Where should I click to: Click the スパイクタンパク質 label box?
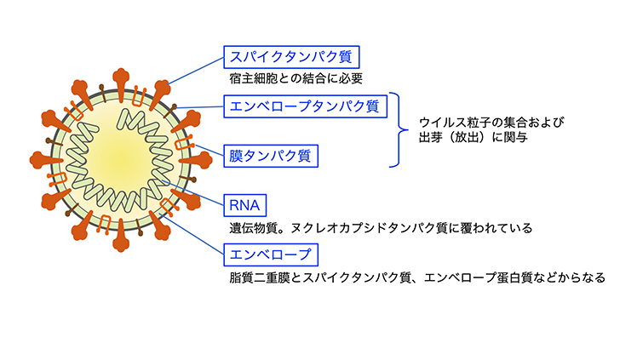tap(291, 57)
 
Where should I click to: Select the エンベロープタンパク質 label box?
tap(305, 106)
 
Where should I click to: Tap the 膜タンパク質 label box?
tap(271, 156)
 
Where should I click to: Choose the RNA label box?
tap(245, 205)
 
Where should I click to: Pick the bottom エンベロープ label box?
tap(271, 254)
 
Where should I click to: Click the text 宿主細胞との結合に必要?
tap(296, 78)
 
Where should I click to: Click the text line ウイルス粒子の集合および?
tap(491, 122)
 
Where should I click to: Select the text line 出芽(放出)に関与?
tap(473, 137)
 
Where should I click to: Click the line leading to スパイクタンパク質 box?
tap(195, 71)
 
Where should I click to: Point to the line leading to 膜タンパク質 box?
tap(209, 150)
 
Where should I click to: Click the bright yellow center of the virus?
tap(120, 160)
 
